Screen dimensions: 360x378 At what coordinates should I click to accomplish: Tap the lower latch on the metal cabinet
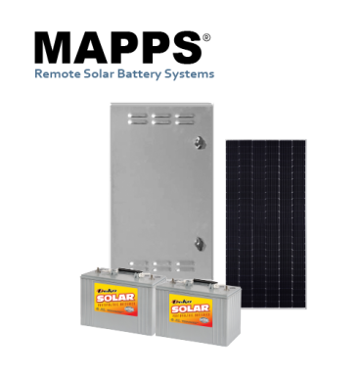tap(199, 242)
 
